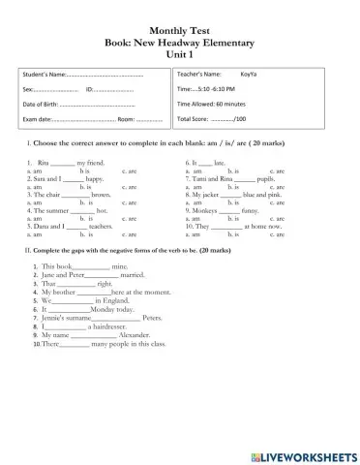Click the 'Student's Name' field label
click(45, 74)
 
